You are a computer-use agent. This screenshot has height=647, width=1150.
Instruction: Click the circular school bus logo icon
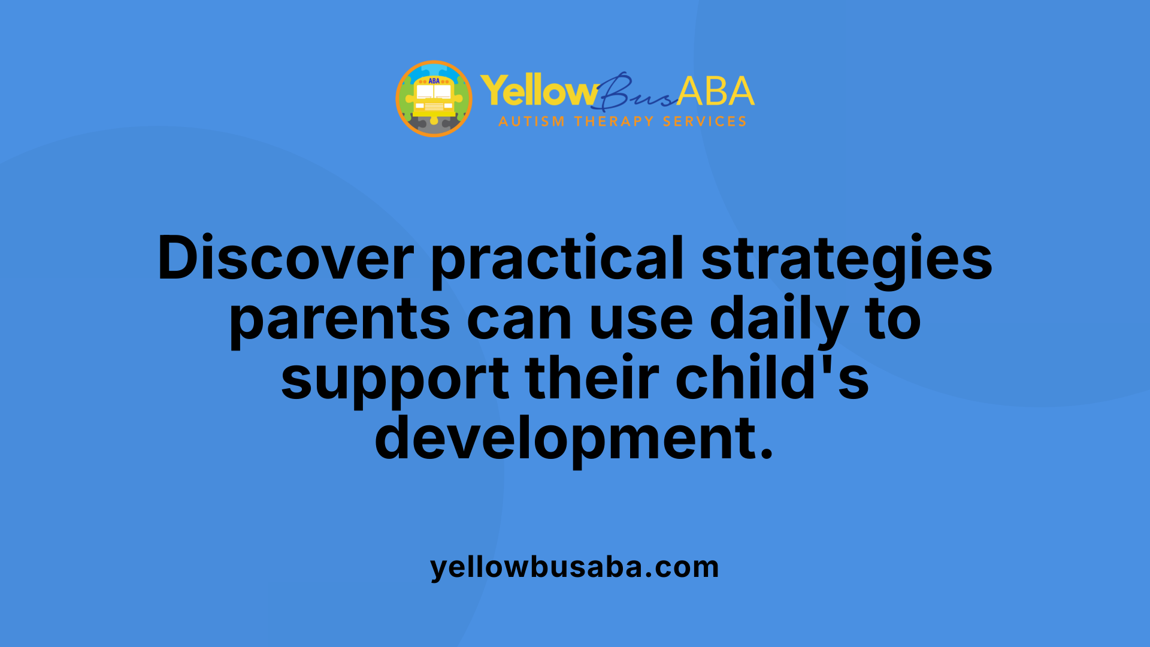[434, 99]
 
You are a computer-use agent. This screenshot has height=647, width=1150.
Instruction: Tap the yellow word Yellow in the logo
[538, 92]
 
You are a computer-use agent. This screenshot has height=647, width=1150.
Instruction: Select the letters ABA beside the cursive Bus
[716, 92]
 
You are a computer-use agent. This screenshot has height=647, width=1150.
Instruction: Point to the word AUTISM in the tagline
[531, 122]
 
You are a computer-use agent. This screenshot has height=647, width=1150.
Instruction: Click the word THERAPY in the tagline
[614, 122]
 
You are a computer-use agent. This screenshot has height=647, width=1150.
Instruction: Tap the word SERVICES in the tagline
[704, 122]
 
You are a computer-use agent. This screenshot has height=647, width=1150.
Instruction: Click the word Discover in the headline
[286, 258]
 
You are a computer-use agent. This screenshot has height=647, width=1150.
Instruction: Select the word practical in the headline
[557, 258]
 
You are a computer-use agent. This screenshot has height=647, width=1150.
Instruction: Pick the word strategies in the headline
[847, 258]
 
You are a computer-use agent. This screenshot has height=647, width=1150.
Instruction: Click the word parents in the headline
[340, 319]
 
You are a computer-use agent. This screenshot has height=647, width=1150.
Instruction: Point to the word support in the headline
[395, 379]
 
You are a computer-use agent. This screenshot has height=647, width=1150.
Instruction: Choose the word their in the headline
[592, 379]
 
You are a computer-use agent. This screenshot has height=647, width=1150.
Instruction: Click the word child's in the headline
[772, 379]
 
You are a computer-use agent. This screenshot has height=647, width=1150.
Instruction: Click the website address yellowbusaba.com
[574, 567]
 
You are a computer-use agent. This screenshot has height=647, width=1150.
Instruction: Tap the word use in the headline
[641, 319]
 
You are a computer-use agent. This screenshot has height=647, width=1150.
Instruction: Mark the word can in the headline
[519, 319]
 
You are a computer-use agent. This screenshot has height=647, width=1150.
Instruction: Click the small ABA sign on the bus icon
[434, 81]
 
